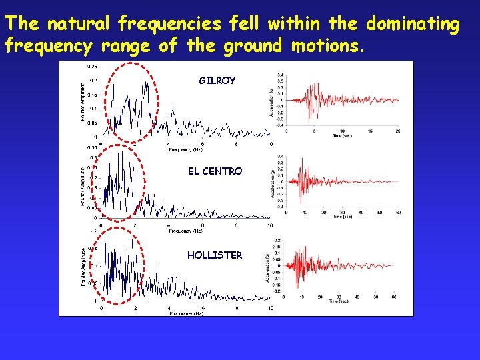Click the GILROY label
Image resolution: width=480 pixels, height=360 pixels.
[217, 81]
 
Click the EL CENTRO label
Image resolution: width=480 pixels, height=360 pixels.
[215, 171]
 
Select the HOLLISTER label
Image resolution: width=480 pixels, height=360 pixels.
[215, 255]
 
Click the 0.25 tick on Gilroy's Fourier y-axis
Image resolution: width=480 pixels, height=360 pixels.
[91, 66]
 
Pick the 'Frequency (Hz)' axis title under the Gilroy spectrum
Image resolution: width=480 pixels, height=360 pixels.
[185, 150]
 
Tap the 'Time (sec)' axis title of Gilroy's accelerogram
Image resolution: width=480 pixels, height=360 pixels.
[343, 136]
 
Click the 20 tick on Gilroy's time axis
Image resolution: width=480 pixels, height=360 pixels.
[398, 131]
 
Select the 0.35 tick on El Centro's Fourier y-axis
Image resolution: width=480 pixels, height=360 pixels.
[91, 147]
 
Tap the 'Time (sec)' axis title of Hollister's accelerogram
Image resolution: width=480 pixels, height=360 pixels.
[340, 301]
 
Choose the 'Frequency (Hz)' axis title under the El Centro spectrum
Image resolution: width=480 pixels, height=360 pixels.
[185, 231]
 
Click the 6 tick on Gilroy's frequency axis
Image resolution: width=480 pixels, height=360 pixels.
[202, 144]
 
